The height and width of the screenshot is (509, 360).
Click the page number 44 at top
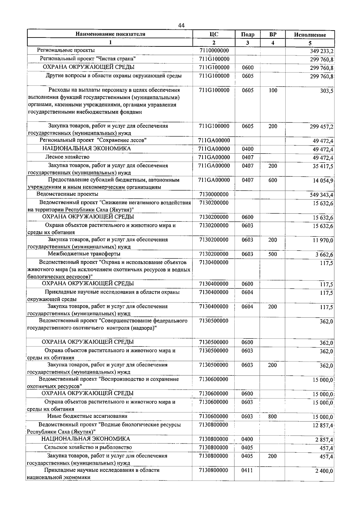click(x=181, y=25)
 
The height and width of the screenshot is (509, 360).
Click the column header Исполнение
click(x=310, y=35)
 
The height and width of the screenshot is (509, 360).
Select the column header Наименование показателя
click(x=110, y=34)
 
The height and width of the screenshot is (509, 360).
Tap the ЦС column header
click(x=214, y=34)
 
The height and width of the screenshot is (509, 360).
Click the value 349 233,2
click(x=322, y=51)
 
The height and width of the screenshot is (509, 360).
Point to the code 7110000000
click(x=214, y=51)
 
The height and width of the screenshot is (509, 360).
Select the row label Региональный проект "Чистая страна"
click(x=88, y=59)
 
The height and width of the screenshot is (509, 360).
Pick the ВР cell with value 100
click(x=273, y=90)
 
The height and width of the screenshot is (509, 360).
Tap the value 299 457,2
click(x=322, y=127)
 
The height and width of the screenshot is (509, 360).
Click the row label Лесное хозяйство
click(x=67, y=157)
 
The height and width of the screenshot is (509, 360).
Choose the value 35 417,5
click(x=323, y=166)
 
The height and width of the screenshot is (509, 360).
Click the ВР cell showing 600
click(x=273, y=180)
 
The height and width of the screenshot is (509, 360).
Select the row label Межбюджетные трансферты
click(x=84, y=254)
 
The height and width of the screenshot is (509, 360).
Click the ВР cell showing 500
click(x=273, y=254)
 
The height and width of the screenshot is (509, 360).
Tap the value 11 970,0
click(x=323, y=240)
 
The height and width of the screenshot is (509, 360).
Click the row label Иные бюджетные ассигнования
click(x=87, y=416)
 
